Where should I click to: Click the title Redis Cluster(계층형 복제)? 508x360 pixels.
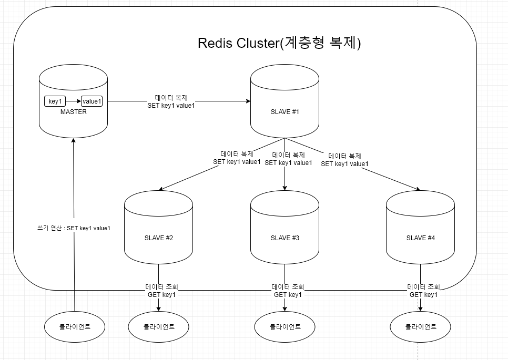click(279, 43)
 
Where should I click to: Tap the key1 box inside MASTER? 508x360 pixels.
click(55, 101)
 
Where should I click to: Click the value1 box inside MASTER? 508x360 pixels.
click(92, 101)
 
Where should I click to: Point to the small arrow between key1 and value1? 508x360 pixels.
click(73, 101)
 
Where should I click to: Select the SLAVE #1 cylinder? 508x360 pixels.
click(285, 112)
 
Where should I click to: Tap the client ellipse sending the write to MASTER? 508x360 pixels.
click(75, 327)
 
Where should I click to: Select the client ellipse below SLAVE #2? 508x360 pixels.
click(158, 327)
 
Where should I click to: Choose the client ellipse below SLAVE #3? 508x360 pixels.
click(285, 327)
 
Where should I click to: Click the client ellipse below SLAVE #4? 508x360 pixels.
click(420, 327)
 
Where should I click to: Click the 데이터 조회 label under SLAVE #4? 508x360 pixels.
click(424, 287)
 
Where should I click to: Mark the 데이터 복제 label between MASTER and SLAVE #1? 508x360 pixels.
click(171, 98)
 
